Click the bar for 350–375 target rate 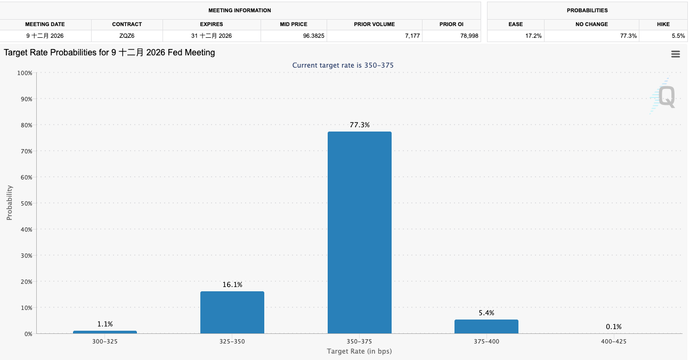click(x=359, y=232)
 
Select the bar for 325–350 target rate click(x=232, y=312)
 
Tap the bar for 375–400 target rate click(x=486, y=326)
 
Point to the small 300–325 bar click(x=105, y=332)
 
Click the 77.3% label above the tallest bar click(x=360, y=125)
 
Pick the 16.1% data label click(x=232, y=285)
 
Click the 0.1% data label click(x=613, y=327)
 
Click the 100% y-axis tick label click(x=24, y=73)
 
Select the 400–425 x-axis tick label click(x=613, y=341)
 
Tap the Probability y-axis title click(x=10, y=203)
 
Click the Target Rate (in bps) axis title click(x=359, y=351)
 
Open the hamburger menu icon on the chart click(x=676, y=54)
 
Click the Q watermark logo click(x=666, y=97)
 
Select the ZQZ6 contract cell click(x=127, y=36)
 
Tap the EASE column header click(x=515, y=24)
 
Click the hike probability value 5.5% click(x=678, y=36)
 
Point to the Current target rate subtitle click(x=343, y=65)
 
